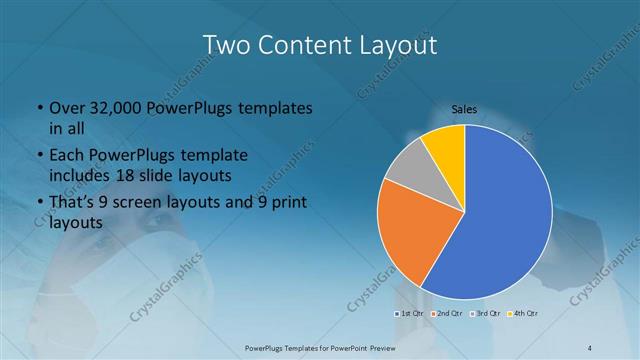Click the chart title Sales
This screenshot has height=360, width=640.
tap(464, 109)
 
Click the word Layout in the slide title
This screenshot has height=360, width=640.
tap(393, 45)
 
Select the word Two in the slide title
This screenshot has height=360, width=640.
tap(227, 45)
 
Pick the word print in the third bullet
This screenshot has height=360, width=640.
tap(291, 204)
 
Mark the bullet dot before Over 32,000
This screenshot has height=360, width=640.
tap(38, 108)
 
